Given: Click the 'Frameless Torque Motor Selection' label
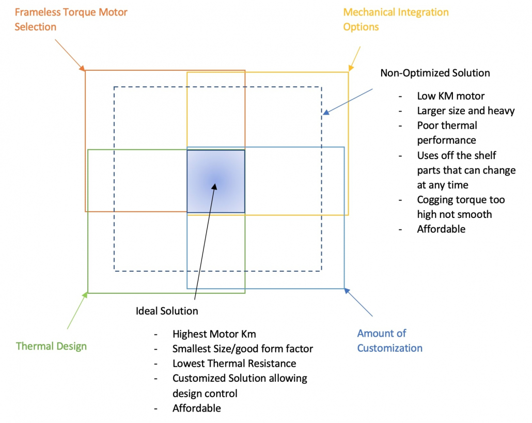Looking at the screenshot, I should [x=71, y=19].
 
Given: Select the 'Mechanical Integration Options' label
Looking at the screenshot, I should [x=396, y=19].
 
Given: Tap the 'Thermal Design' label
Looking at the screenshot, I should [x=51, y=346].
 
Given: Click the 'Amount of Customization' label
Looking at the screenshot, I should [x=389, y=340].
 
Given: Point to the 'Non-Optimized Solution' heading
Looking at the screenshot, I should [x=435, y=73].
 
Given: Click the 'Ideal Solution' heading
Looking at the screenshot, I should [x=167, y=311].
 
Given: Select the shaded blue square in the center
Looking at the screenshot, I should [x=216, y=181].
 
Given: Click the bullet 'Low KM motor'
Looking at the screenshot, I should [x=450, y=96].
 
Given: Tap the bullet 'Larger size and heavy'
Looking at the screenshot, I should [x=465, y=111].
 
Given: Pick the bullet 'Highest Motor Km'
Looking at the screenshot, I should [x=214, y=334].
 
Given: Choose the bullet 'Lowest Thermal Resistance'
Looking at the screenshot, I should [x=234, y=364].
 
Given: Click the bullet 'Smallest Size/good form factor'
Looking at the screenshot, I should [x=242, y=349].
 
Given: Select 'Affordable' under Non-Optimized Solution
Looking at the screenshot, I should [x=441, y=229].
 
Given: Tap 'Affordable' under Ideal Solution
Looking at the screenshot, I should [x=196, y=408].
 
